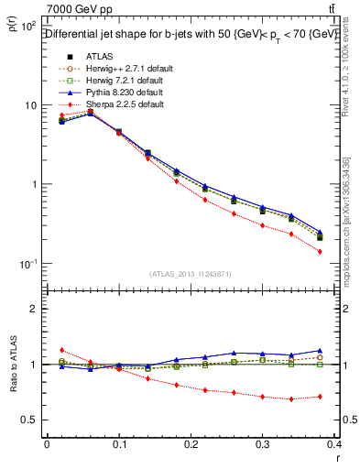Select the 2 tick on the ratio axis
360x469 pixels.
[x=35, y=309]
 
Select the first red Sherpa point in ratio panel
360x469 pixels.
[x=61, y=350]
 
